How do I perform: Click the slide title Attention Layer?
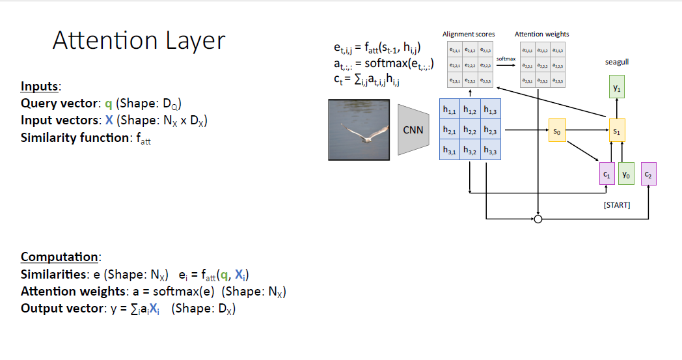tap(139, 40)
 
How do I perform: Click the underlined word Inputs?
tap(40, 87)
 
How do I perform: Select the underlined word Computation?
tap(61, 256)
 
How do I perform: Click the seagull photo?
tap(359, 130)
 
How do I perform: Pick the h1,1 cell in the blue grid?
tap(450, 111)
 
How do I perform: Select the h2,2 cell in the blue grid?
tap(470, 131)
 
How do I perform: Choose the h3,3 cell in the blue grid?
tap(490, 151)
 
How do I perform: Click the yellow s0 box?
tap(556, 131)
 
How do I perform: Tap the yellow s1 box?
tap(617, 131)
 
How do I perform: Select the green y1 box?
tap(617, 87)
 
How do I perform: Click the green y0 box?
tap(626, 174)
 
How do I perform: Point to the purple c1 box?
tap(607, 174)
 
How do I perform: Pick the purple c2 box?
tap(648, 174)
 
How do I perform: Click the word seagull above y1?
tap(617, 62)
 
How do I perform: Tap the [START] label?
tap(617, 205)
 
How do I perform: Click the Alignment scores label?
tap(469, 34)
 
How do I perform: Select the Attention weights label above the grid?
tap(542, 34)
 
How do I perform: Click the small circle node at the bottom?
tap(538, 219)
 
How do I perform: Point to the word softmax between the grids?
tap(506, 59)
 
